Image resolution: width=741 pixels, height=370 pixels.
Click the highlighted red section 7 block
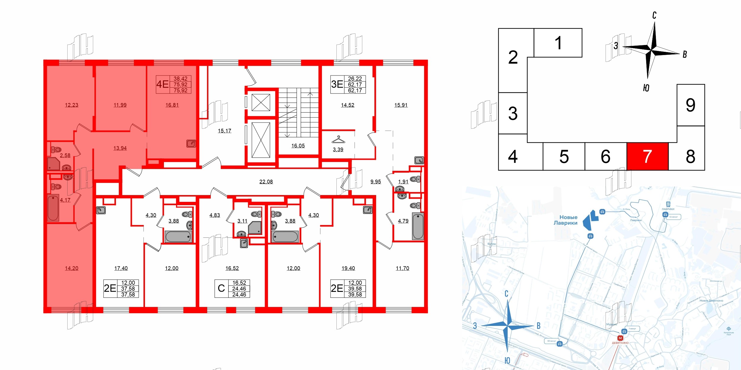[x=647, y=156]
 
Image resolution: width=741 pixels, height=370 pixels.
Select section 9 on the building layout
[x=690, y=105]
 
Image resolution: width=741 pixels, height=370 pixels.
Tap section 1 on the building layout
[x=558, y=43]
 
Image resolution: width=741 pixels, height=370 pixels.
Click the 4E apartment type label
[x=162, y=84]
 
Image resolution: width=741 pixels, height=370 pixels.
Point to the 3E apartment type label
[x=337, y=84]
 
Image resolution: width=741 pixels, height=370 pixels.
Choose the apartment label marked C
[x=221, y=288]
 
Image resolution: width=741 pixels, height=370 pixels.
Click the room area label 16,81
[x=172, y=105]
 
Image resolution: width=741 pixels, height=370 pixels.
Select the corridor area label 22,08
[x=266, y=182]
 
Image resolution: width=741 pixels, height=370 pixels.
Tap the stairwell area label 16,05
[x=298, y=146]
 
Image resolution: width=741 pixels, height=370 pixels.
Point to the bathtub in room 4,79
[x=418, y=226]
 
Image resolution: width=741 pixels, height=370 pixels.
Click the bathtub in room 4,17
[x=53, y=207]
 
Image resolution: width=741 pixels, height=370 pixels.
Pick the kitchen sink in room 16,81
[x=191, y=144]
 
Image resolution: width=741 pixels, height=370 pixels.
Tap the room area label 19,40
[x=348, y=268]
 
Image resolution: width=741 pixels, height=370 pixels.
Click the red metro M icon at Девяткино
[x=620, y=338]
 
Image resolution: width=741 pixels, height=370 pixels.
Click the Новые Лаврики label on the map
[x=566, y=220]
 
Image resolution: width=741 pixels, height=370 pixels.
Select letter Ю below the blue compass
[x=507, y=361]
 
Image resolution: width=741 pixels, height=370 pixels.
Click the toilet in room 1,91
[x=414, y=179]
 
